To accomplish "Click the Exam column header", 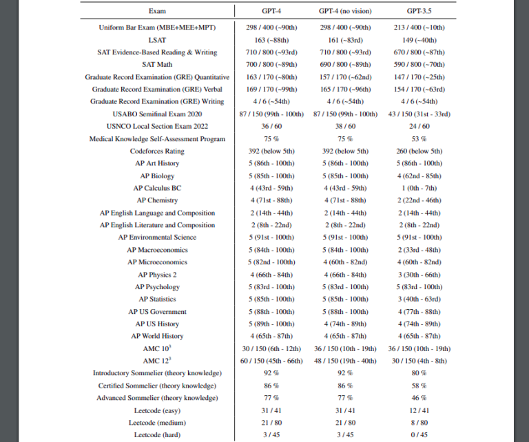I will click(157, 11).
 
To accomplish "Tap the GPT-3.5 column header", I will click(419, 11).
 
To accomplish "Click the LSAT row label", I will click(157, 40).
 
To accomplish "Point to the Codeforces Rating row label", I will click(157, 151).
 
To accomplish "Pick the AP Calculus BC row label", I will click(157, 188).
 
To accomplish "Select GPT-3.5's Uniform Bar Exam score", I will click(419, 28).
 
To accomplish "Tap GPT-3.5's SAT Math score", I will click(419, 65).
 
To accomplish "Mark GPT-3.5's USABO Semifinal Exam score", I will click(419, 114).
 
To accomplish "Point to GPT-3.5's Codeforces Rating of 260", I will click(419, 151).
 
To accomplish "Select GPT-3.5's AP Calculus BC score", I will click(419, 188).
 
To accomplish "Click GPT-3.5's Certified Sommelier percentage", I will click(419, 386).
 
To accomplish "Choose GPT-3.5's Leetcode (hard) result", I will click(419, 434).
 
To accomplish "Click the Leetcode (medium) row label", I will click(157, 422).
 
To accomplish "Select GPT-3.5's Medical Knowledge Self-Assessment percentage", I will click(419, 139).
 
